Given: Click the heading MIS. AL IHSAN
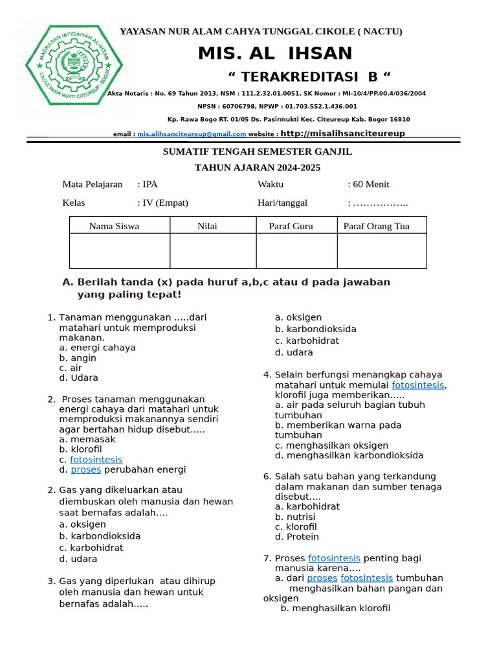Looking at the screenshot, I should click(275, 54).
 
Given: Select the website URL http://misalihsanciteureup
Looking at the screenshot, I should click(343, 133).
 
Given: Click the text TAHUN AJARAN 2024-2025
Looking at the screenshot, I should click(258, 168).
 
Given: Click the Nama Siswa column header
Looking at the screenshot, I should click(114, 226).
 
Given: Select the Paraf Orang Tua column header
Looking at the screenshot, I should click(376, 226).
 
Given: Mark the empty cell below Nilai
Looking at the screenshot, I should click(213, 251).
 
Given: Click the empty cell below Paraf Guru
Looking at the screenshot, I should click(296, 251).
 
